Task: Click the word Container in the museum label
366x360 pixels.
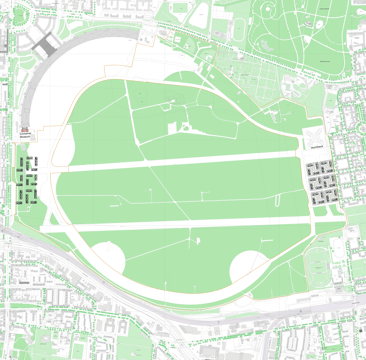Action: [x=25, y=133]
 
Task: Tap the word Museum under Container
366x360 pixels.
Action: [x=25, y=137]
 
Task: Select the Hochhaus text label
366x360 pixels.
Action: [x=317, y=147]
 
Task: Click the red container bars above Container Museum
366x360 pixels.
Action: [x=25, y=130]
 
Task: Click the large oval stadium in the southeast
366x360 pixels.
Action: [x=318, y=268]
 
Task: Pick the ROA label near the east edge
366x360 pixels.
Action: [x=328, y=117]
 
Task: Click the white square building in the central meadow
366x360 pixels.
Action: [x=172, y=128]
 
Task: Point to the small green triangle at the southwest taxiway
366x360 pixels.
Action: [x=55, y=219]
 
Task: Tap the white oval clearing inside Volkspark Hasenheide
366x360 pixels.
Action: [x=320, y=24]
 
